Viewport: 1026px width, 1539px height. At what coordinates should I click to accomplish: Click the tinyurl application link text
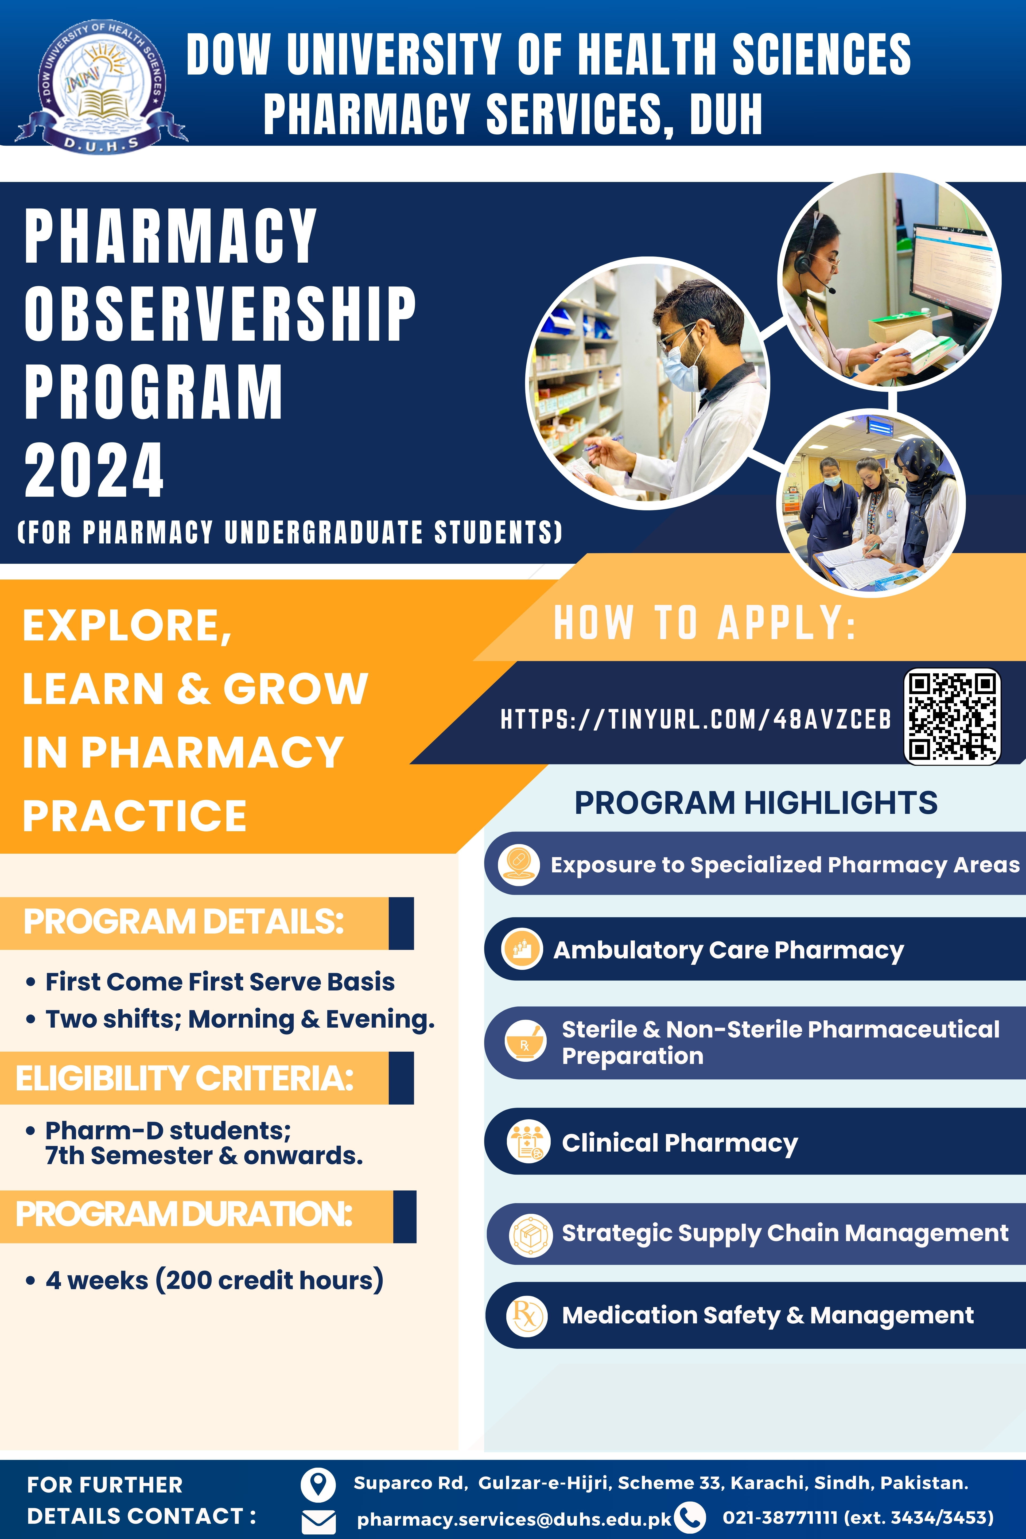tap(695, 719)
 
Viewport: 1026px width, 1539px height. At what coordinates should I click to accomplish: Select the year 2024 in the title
tap(94, 470)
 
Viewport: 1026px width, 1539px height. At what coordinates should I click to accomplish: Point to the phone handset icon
tap(690, 1517)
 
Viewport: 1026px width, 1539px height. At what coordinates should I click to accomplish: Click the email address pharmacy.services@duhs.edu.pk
tap(514, 1519)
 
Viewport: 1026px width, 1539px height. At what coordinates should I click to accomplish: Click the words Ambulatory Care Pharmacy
tap(728, 950)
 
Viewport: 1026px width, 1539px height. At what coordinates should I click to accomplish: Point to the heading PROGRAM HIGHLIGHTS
tap(756, 803)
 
